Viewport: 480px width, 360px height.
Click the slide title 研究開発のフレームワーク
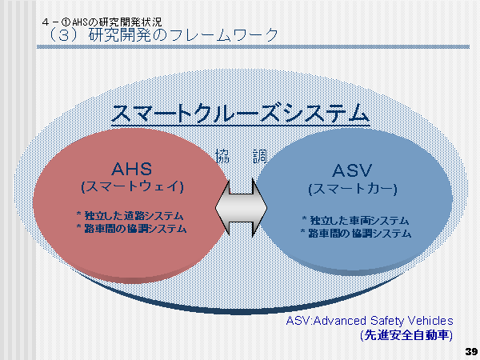tap(183, 35)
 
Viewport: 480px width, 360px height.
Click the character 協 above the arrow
tap(223, 158)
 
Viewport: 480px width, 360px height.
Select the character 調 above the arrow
tap(260, 158)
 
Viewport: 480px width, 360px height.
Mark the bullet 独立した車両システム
tap(356, 220)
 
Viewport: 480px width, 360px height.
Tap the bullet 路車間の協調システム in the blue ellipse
tap(356, 234)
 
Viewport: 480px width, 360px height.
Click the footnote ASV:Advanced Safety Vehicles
tap(370, 320)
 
